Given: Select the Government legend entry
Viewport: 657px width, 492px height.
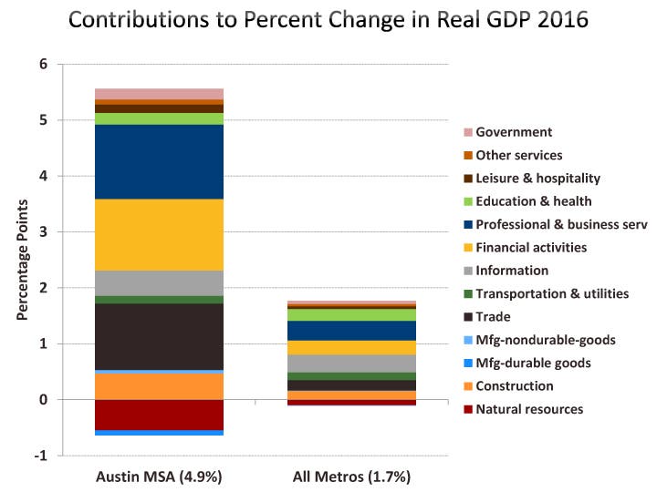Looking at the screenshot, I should coord(514,132).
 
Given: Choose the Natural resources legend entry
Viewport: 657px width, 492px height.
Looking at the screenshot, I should coord(528,409).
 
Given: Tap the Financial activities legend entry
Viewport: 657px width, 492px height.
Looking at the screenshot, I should coord(531,247).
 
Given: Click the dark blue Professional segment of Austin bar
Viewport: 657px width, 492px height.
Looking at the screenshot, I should coord(159,161).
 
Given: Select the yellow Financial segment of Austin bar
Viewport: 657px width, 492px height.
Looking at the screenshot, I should coord(159,234).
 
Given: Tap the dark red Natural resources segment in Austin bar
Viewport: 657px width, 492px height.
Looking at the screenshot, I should coord(159,415).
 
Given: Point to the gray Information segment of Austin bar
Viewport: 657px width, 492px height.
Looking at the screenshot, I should coord(159,283).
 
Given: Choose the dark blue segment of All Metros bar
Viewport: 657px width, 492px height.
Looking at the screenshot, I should coord(351,330).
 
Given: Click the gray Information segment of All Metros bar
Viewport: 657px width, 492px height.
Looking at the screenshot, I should coord(351,364).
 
